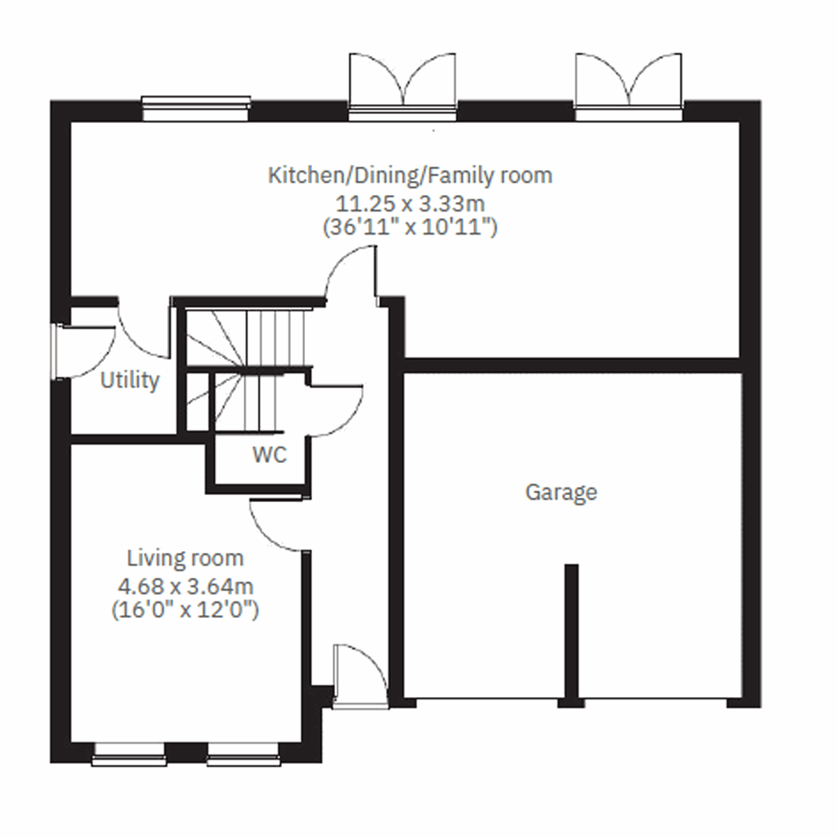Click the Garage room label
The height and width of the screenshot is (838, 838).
[x=561, y=492]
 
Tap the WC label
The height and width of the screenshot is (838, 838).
[x=270, y=455]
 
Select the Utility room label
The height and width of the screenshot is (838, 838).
[x=130, y=381]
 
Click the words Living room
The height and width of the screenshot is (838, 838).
[x=185, y=559]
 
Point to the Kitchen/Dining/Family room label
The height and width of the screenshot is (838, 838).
[x=410, y=175]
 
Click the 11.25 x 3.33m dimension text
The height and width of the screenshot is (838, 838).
[x=410, y=204]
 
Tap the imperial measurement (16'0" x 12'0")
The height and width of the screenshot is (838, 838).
[x=185, y=610]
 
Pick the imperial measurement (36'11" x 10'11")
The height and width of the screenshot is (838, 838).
[x=410, y=228]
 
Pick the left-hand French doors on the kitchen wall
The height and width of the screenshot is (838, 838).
[x=402, y=84]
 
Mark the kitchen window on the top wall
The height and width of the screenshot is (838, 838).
[x=196, y=105]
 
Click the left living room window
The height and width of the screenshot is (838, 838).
[x=129, y=753]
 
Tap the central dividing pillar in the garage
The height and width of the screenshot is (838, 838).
[x=571, y=632]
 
